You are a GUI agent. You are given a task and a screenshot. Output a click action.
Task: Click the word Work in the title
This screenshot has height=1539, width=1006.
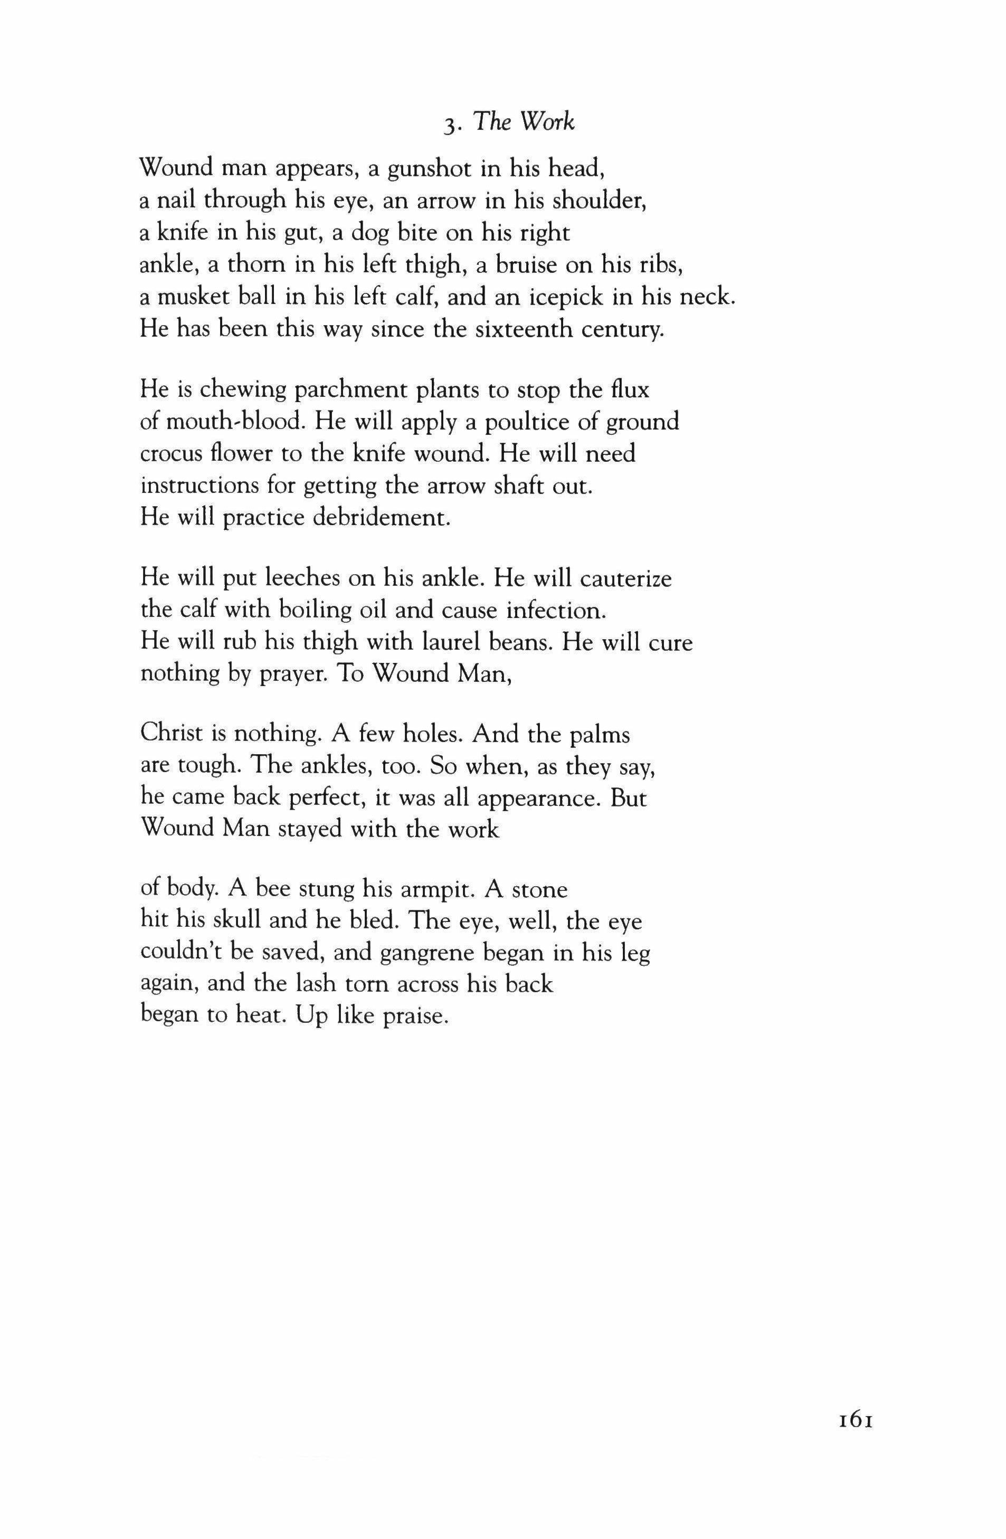[x=548, y=123]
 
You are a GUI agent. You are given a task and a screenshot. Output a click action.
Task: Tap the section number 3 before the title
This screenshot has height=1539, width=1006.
[x=449, y=125]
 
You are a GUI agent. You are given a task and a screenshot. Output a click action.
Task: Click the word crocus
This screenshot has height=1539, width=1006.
[x=172, y=454]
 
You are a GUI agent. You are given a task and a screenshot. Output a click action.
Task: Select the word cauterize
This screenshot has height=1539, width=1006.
[x=626, y=577]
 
